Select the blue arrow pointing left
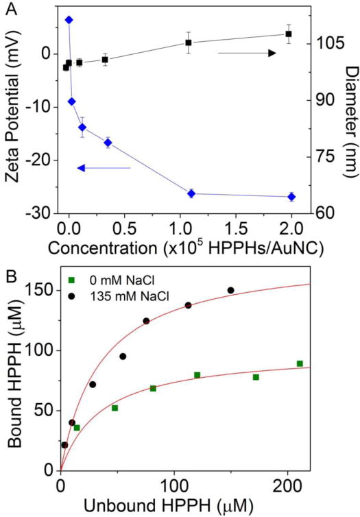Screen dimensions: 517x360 pos(103,167)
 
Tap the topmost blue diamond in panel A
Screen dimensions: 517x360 pos(69,20)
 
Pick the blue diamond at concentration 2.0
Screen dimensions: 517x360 pos(291,197)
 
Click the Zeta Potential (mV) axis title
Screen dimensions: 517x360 pos(13,110)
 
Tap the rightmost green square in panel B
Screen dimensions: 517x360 pos(300,363)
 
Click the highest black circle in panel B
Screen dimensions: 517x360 pos(230,290)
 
